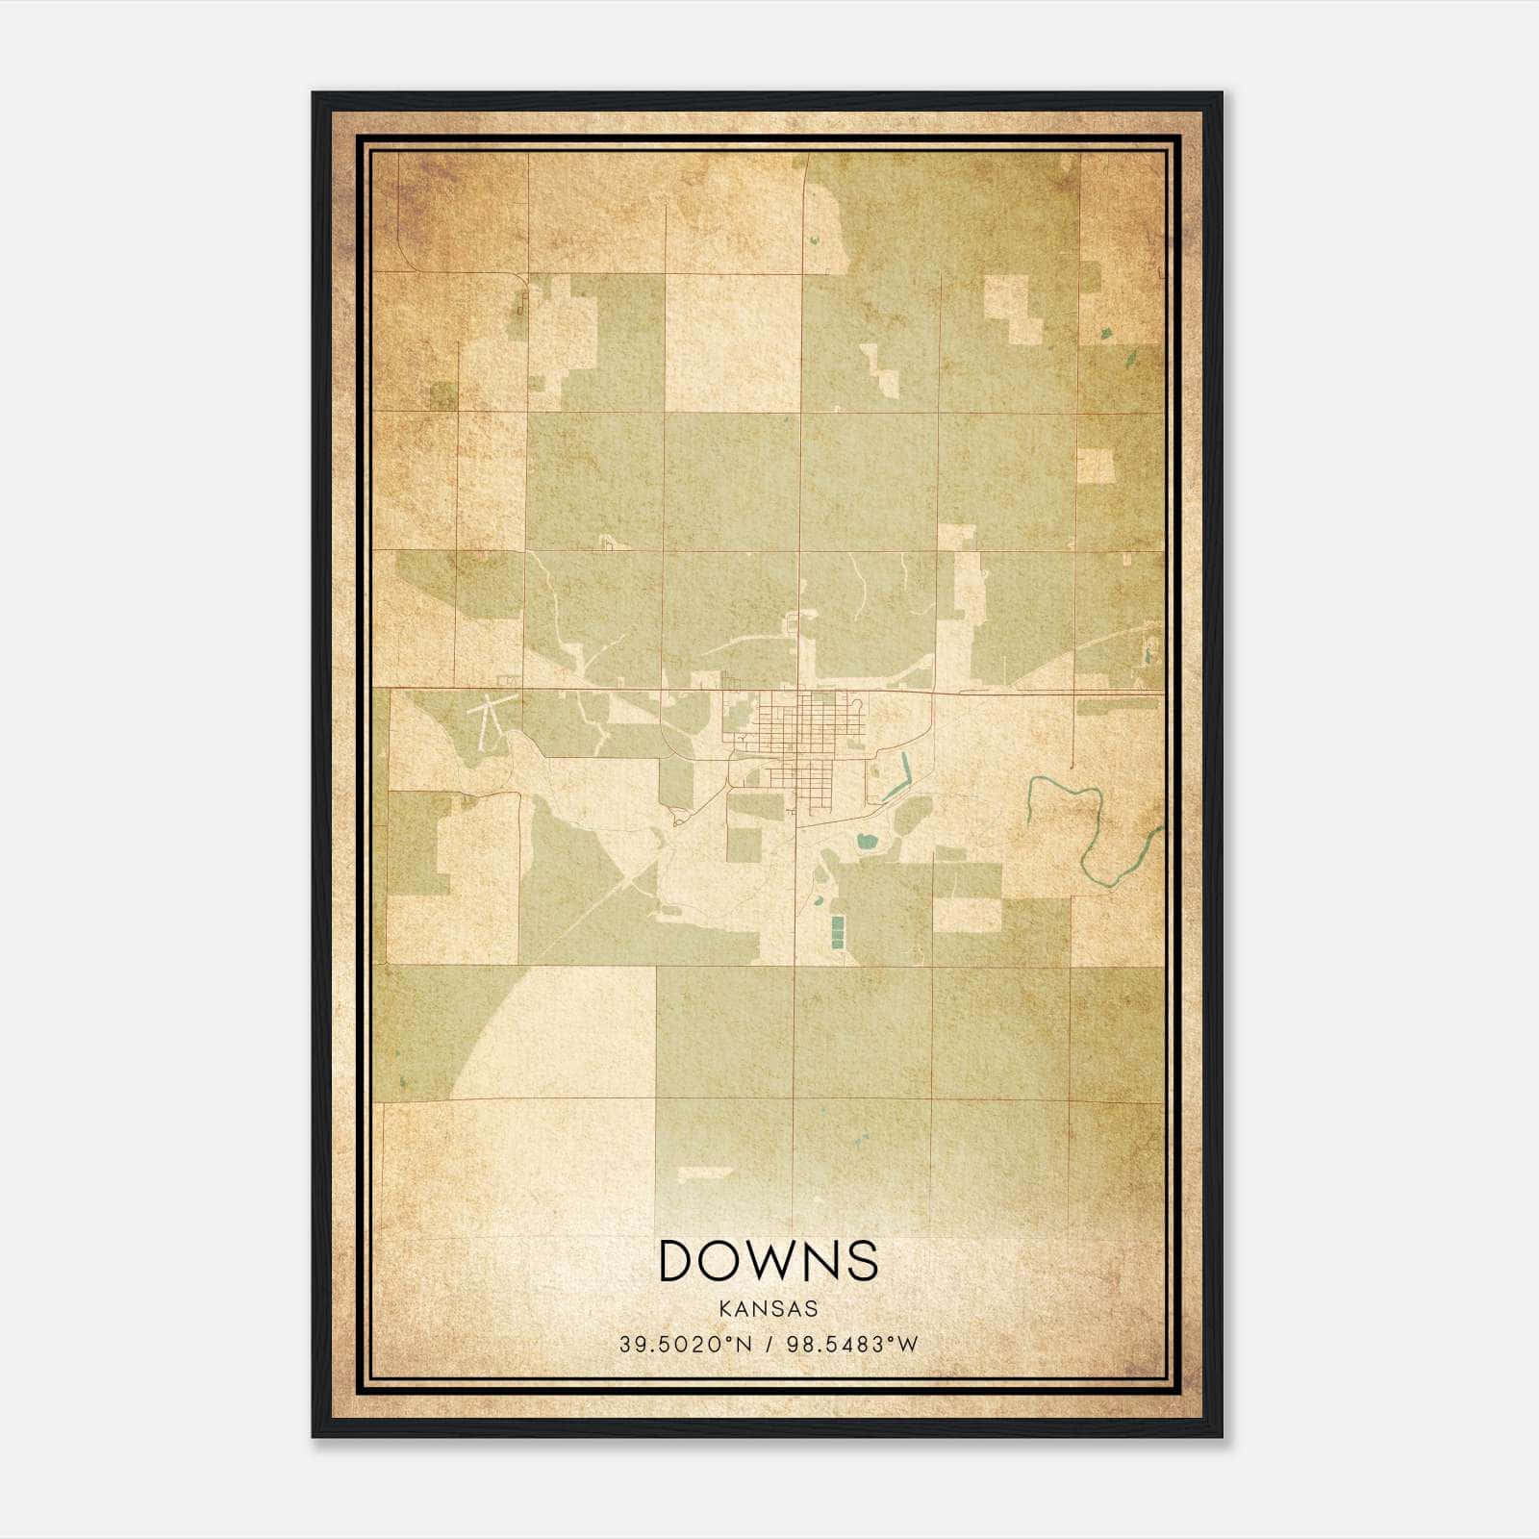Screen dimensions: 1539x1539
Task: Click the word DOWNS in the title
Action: click(x=769, y=1261)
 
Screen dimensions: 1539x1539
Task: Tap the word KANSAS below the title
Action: click(x=769, y=1309)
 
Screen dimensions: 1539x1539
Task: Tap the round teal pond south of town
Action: click(x=868, y=842)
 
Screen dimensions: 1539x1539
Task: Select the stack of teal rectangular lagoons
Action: click(x=837, y=931)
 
